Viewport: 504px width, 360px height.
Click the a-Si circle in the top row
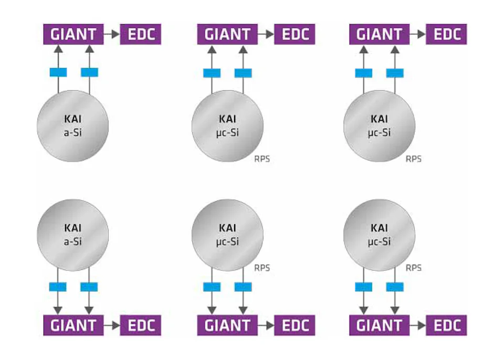(73, 126)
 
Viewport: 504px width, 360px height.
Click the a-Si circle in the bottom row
(73, 235)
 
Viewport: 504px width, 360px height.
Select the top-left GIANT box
(73, 34)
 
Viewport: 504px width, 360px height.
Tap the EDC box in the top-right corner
(446, 34)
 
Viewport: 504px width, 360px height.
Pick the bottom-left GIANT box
(73, 325)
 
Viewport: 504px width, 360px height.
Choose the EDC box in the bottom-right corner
(446, 325)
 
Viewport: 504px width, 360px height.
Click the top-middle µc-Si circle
(227, 126)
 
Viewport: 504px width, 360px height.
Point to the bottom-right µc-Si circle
(379, 235)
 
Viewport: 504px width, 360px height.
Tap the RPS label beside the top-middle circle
(261, 158)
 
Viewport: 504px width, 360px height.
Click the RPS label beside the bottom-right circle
(414, 268)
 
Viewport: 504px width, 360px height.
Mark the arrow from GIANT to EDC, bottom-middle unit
(266, 325)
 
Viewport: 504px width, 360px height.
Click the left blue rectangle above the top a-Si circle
(58, 72)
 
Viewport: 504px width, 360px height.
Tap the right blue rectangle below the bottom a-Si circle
(89, 287)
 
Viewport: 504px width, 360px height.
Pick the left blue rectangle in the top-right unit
(363, 72)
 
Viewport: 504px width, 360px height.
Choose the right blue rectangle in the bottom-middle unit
(243, 287)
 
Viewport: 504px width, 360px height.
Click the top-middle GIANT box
(227, 34)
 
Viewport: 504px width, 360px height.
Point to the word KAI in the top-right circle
(379, 120)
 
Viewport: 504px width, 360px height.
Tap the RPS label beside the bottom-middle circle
(261, 268)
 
